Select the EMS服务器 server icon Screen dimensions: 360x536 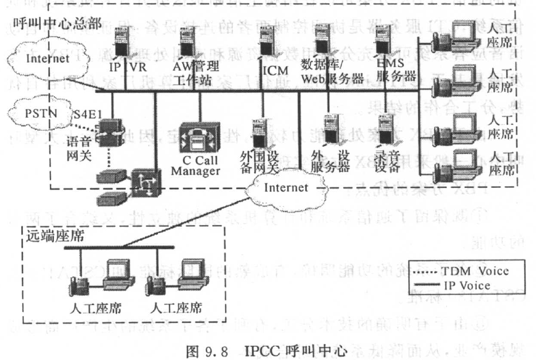pos(384,42)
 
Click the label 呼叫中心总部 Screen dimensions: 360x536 pos(57,23)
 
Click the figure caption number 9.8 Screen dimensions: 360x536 pos(213,351)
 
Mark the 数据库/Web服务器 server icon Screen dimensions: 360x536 pos(321,41)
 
